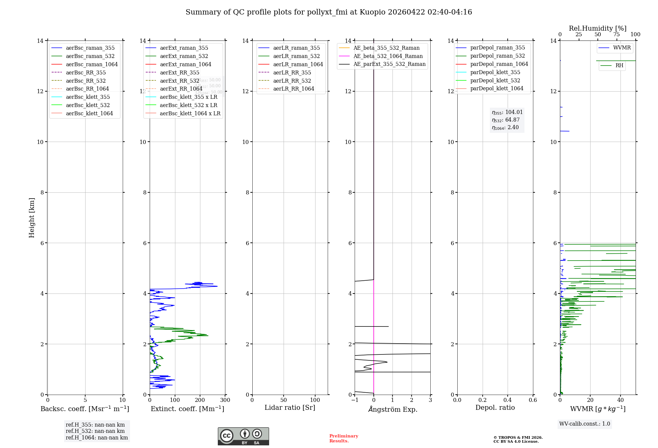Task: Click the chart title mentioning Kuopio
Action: tap(329, 12)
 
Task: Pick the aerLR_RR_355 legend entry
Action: tap(292, 72)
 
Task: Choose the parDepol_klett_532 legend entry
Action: tap(495, 81)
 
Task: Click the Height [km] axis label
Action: tap(32, 217)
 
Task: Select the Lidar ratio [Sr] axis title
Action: tap(290, 408)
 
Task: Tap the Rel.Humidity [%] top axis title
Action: tap(597, 28)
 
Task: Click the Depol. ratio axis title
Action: tap(495, 408)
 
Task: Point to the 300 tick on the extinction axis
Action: tap(225, 400)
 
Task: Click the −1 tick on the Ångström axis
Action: tap(354, 400)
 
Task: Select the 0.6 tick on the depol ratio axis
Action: tap(533, 400)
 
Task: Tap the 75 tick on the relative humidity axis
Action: tap(616, 35)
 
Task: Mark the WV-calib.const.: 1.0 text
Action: tap(585, 424)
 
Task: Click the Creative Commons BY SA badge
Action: tap(243, 436)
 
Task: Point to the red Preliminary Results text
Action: tap(343, 438)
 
